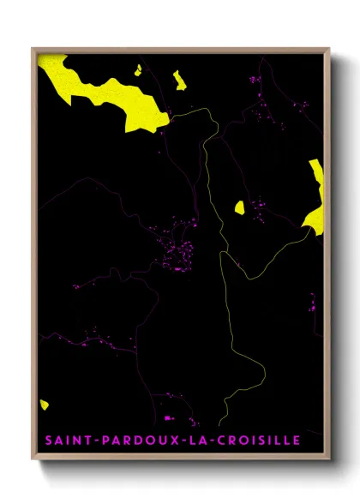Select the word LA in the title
(197, 441)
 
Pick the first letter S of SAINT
(48, 441)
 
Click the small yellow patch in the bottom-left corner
(44, 404)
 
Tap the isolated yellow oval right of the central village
(239, 207)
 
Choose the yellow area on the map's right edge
(315, 197)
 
